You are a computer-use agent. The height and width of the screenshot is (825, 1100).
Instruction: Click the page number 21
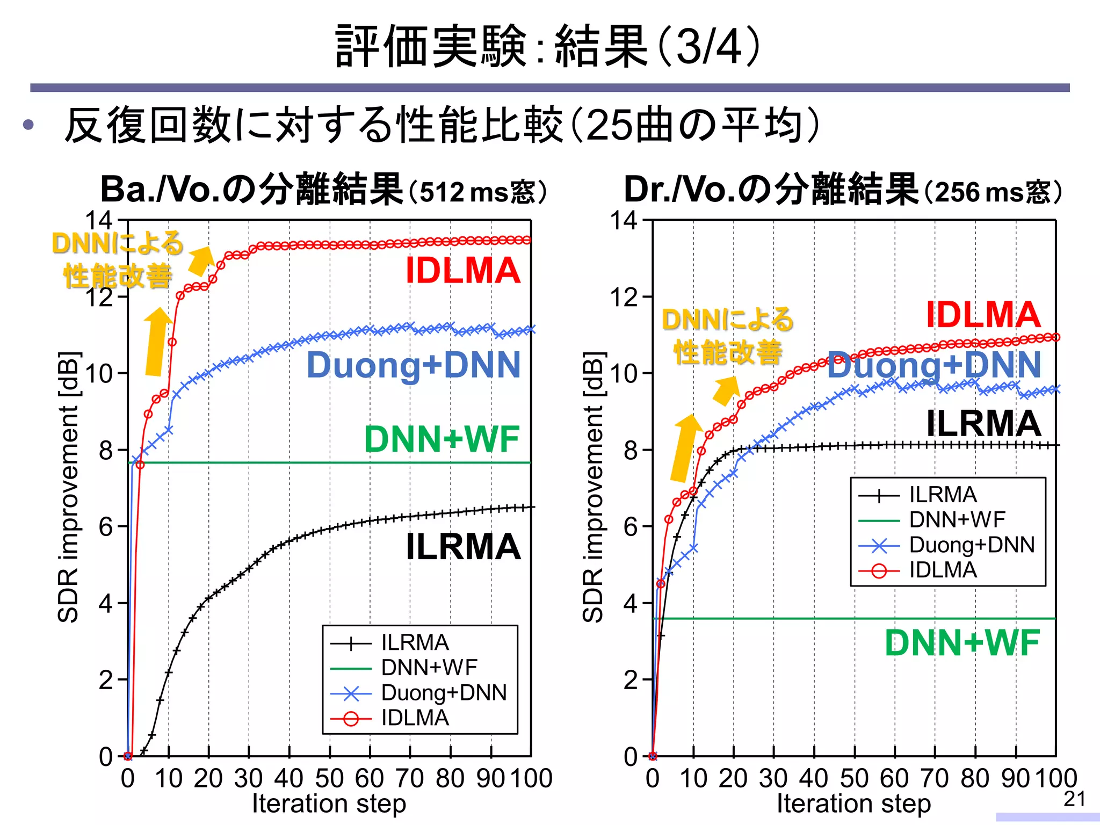tap(1074, 799)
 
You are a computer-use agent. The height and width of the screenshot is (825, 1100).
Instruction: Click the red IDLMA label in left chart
tap(462, 271)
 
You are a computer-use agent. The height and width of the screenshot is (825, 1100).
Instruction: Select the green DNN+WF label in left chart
tap(442, 439)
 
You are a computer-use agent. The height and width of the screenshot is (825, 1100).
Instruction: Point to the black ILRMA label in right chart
tap(983, 423)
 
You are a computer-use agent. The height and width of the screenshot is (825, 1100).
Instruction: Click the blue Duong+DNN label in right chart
tap(934, 365)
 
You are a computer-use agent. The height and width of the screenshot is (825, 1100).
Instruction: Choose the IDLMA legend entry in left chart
tap(415, 718)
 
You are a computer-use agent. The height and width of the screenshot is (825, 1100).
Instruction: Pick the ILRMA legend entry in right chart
tap(943, 495)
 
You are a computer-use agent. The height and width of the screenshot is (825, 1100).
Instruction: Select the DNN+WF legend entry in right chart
tap(957, 520)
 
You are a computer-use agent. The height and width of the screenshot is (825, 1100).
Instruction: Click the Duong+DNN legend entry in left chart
tap(444, 693)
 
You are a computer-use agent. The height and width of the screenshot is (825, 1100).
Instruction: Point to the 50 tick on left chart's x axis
tap(329, 778)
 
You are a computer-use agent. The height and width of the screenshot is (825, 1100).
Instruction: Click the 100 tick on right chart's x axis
tap(1056, 778)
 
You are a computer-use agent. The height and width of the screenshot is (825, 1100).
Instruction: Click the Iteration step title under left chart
tap(329, 804)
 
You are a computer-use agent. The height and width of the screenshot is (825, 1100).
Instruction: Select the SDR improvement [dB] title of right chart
tap(593, 487)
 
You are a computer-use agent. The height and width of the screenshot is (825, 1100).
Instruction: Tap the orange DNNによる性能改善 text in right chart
tap(728, 336)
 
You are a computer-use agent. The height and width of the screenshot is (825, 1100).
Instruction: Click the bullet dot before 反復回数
tap(28, 125)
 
